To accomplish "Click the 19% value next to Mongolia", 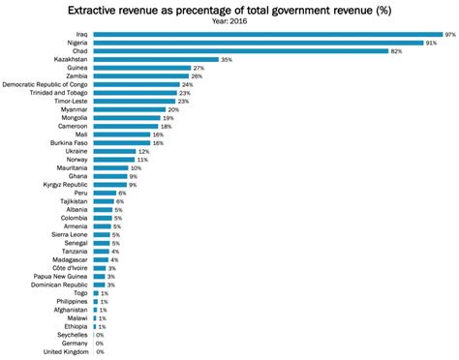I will (168, 118).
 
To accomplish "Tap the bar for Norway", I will (112, 160).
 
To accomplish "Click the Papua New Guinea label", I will (59, 276).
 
